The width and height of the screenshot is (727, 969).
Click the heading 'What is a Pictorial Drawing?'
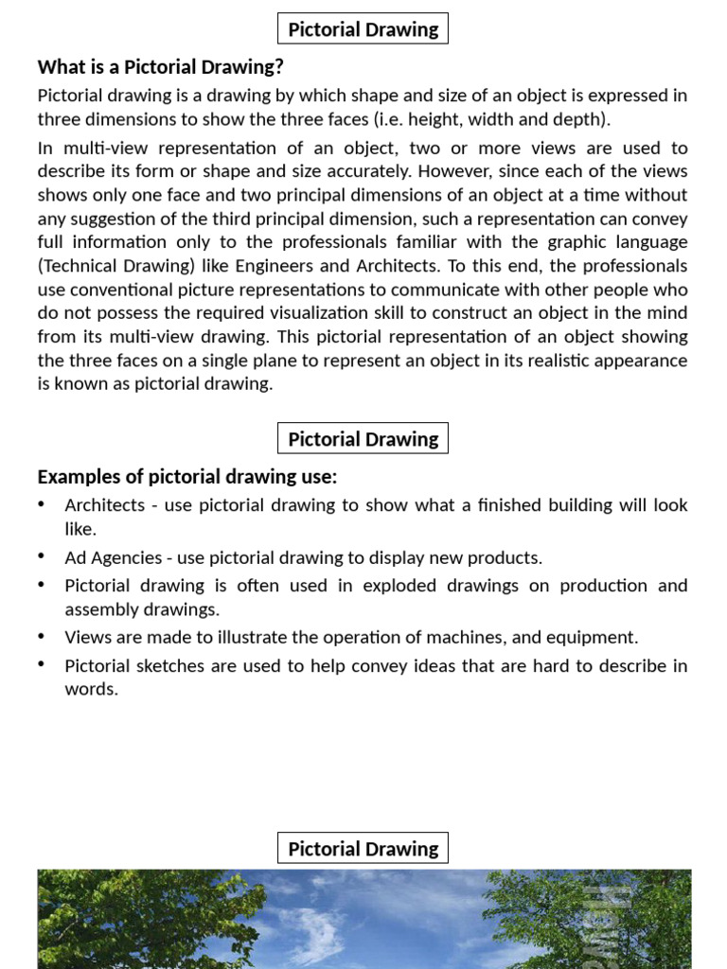click(x=160, y=67)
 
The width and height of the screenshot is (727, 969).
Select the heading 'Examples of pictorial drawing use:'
click(x=186, y=477)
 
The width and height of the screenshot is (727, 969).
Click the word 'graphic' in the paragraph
click(x=559, y=242)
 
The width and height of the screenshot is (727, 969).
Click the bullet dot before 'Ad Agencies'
click(x=43, y=556)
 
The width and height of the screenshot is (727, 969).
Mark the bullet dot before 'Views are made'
click(x=43, y=637)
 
